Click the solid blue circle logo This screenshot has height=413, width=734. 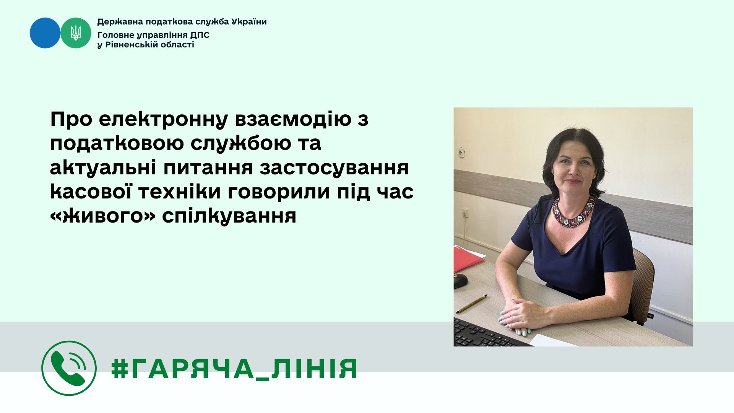(45, 33)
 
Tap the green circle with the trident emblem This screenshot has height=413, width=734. (76, 33)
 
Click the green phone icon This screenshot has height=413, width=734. (69, 368)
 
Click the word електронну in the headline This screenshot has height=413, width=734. (163, 119)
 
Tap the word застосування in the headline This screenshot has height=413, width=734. (335, 168)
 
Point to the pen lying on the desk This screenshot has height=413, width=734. (472, 304)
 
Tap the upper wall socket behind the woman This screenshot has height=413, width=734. (461, 152)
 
